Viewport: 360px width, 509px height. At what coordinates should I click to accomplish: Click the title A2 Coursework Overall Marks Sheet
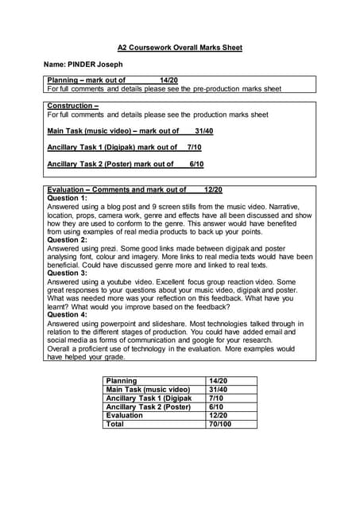coord(180,48)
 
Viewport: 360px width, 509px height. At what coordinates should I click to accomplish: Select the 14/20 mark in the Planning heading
coord(168,80)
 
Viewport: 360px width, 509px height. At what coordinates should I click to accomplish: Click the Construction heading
coord(72,106)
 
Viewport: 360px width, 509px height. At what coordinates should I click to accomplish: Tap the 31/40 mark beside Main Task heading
coord(203,131)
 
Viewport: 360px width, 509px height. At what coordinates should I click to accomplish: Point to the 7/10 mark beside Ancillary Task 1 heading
coord(194,147)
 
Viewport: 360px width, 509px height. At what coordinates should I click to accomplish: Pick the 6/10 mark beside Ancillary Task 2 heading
coord(196,164)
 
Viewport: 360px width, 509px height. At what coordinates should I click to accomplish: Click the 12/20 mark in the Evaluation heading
coord(213,190)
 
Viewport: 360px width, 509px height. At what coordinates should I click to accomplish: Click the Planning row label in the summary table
coord(122,382)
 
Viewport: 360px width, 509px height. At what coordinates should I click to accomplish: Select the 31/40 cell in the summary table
coord(218,390)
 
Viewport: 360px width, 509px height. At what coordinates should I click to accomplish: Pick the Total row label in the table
coord(115,424)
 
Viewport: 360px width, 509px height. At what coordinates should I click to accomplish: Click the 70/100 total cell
coord(220,424)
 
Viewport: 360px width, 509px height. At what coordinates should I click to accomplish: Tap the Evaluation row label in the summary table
coord(124,415)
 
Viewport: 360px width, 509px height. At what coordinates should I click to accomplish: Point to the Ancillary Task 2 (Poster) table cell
coord(149,407)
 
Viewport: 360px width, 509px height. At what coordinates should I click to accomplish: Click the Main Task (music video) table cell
coord(147,390)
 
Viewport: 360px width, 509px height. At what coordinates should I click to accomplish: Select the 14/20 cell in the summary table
coord(218,382)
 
